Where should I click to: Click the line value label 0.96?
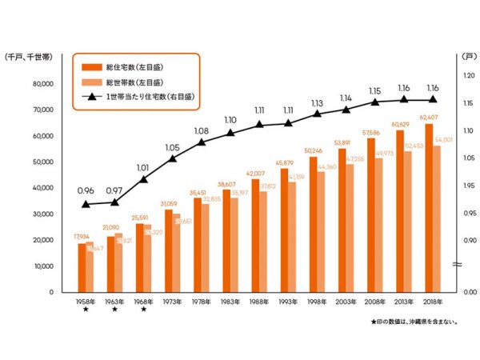coord(86,191)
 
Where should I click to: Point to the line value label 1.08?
coord(202,130)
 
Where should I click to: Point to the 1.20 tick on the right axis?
coord(470,75)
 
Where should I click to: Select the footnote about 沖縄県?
coord(414,322)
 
